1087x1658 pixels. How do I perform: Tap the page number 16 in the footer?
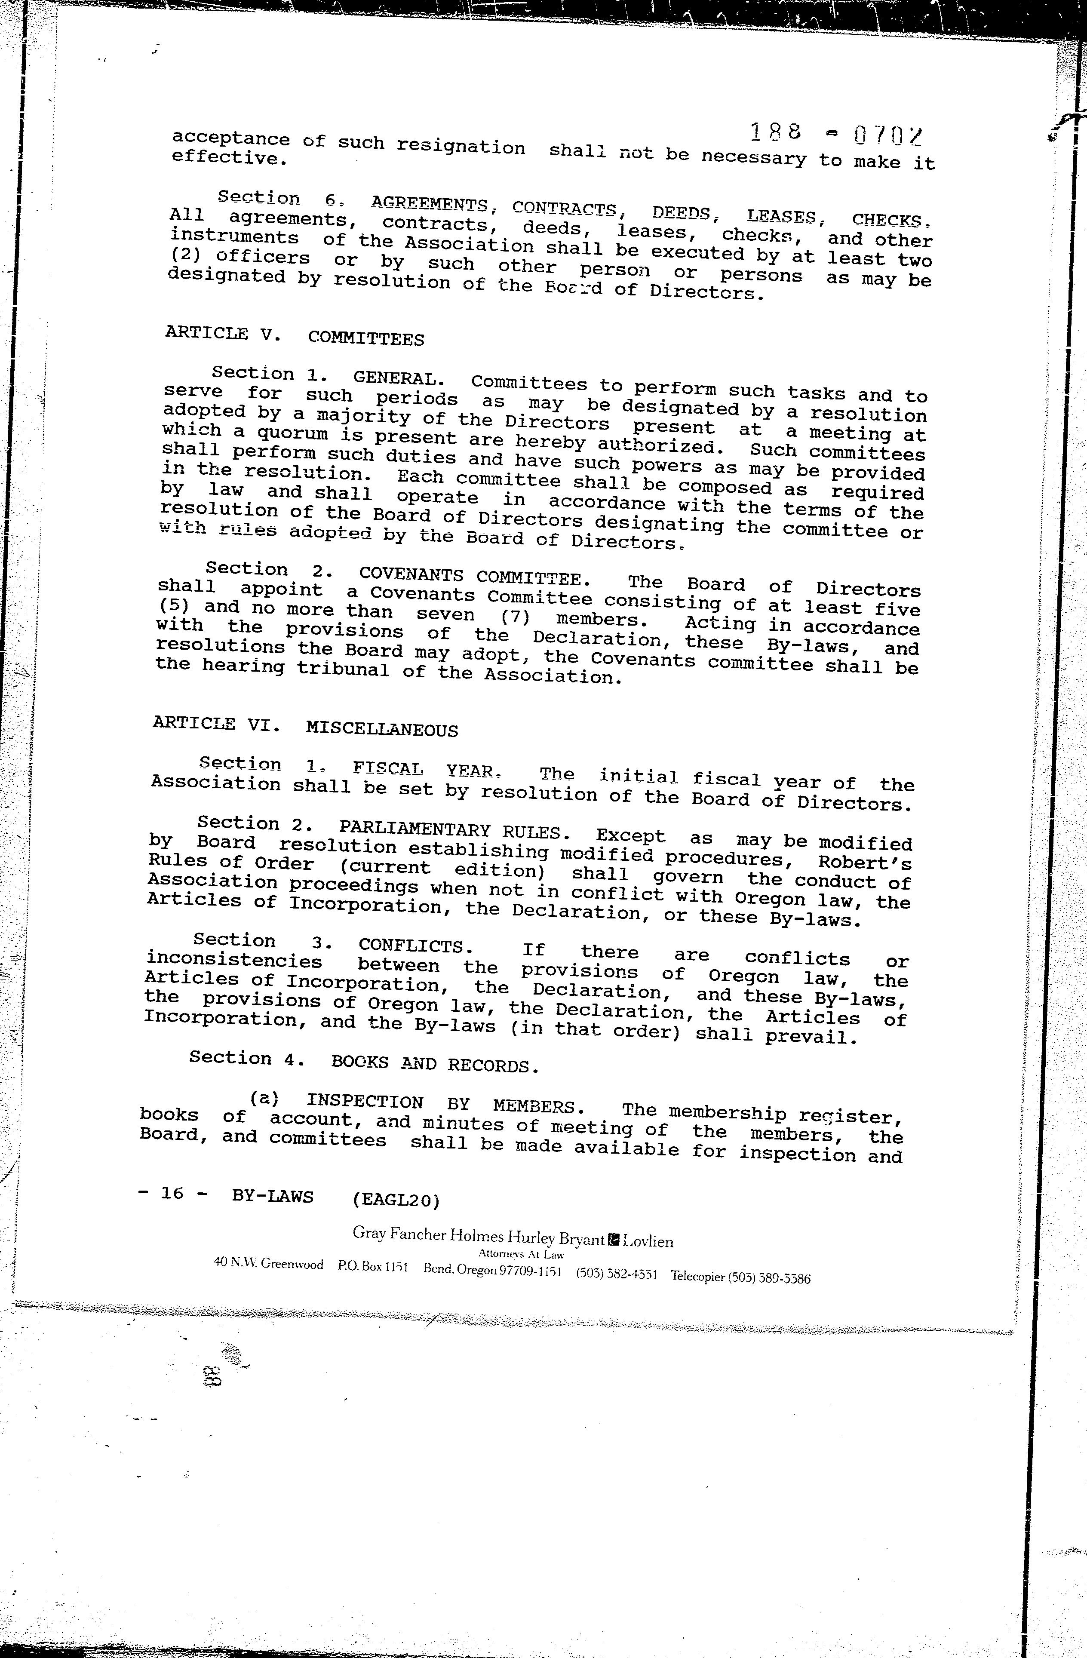(x=172, y=1193)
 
